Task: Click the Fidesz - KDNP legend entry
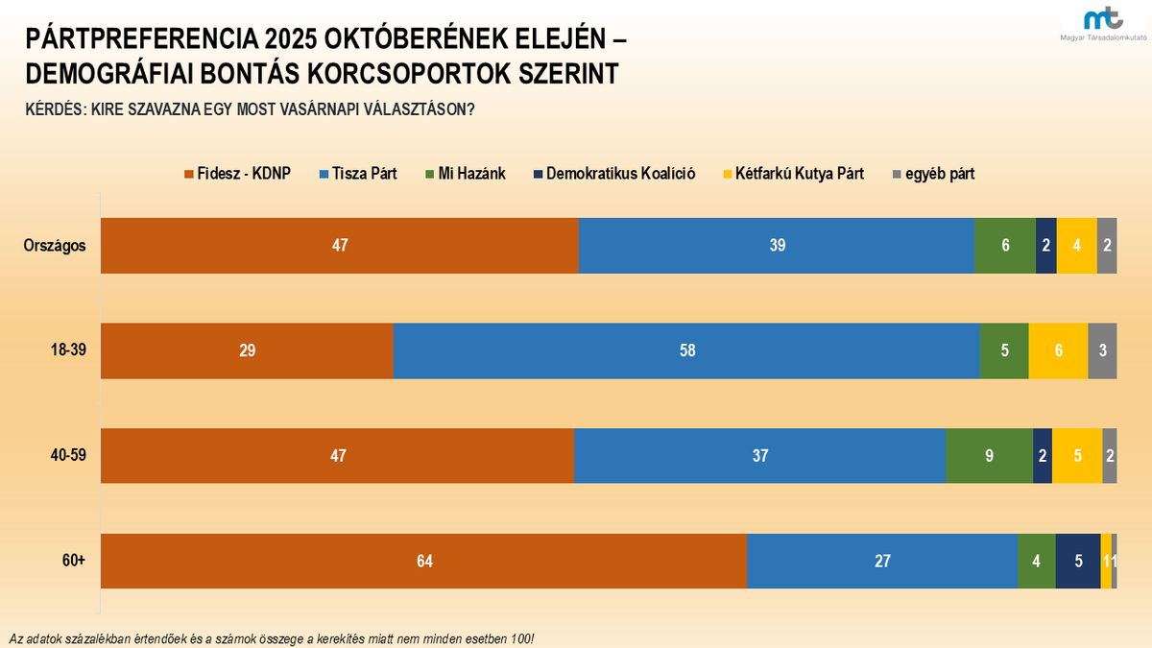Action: (x=237, y=174)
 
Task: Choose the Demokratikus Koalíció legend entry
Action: (x=614, y=174)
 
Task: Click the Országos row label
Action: (x=55, y=245)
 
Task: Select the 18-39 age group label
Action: (x=68, y=350)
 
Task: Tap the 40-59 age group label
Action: (x=68, y=455)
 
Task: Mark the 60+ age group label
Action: (x=74, y=560)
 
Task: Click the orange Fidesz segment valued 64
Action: (x=423, y=561)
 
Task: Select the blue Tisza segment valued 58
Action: (x=686, y=351)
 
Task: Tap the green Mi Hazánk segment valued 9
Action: (x=989, y=456)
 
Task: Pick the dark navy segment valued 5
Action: (x=1078, y=561)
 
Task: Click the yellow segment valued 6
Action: (x=1058, y=351)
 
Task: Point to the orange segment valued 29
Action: (x=247, y=351)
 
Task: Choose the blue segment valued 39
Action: (x=777, y=246)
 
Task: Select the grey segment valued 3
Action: (x=1102, y=351)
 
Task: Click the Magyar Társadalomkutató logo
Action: (x=1102, y=22)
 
